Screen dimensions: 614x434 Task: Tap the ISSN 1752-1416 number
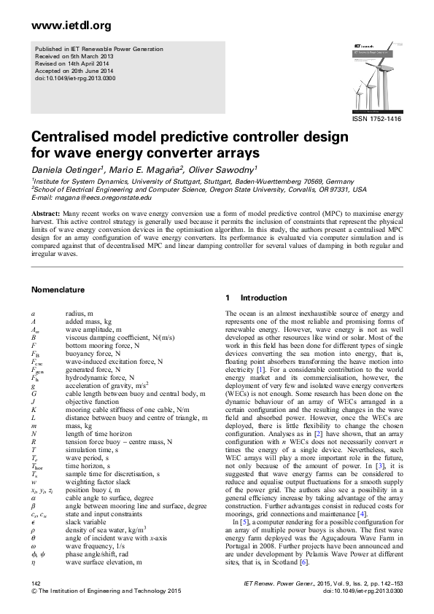coord(376,119)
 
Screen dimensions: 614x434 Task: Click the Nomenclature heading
coord(63,289)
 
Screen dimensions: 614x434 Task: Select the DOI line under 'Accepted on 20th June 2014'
coord(65,77)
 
